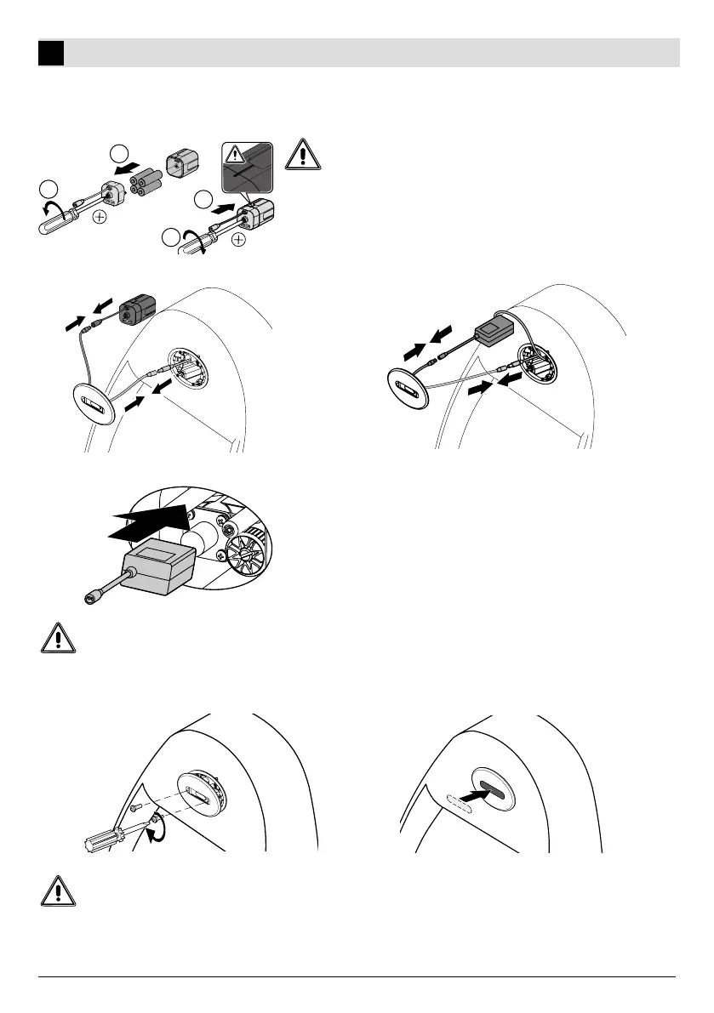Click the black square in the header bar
[x=51, y=53]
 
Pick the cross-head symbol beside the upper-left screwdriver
[x=100, y=217]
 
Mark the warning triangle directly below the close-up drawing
[x=58, y=638]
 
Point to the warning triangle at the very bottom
[x=58, y=890]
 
